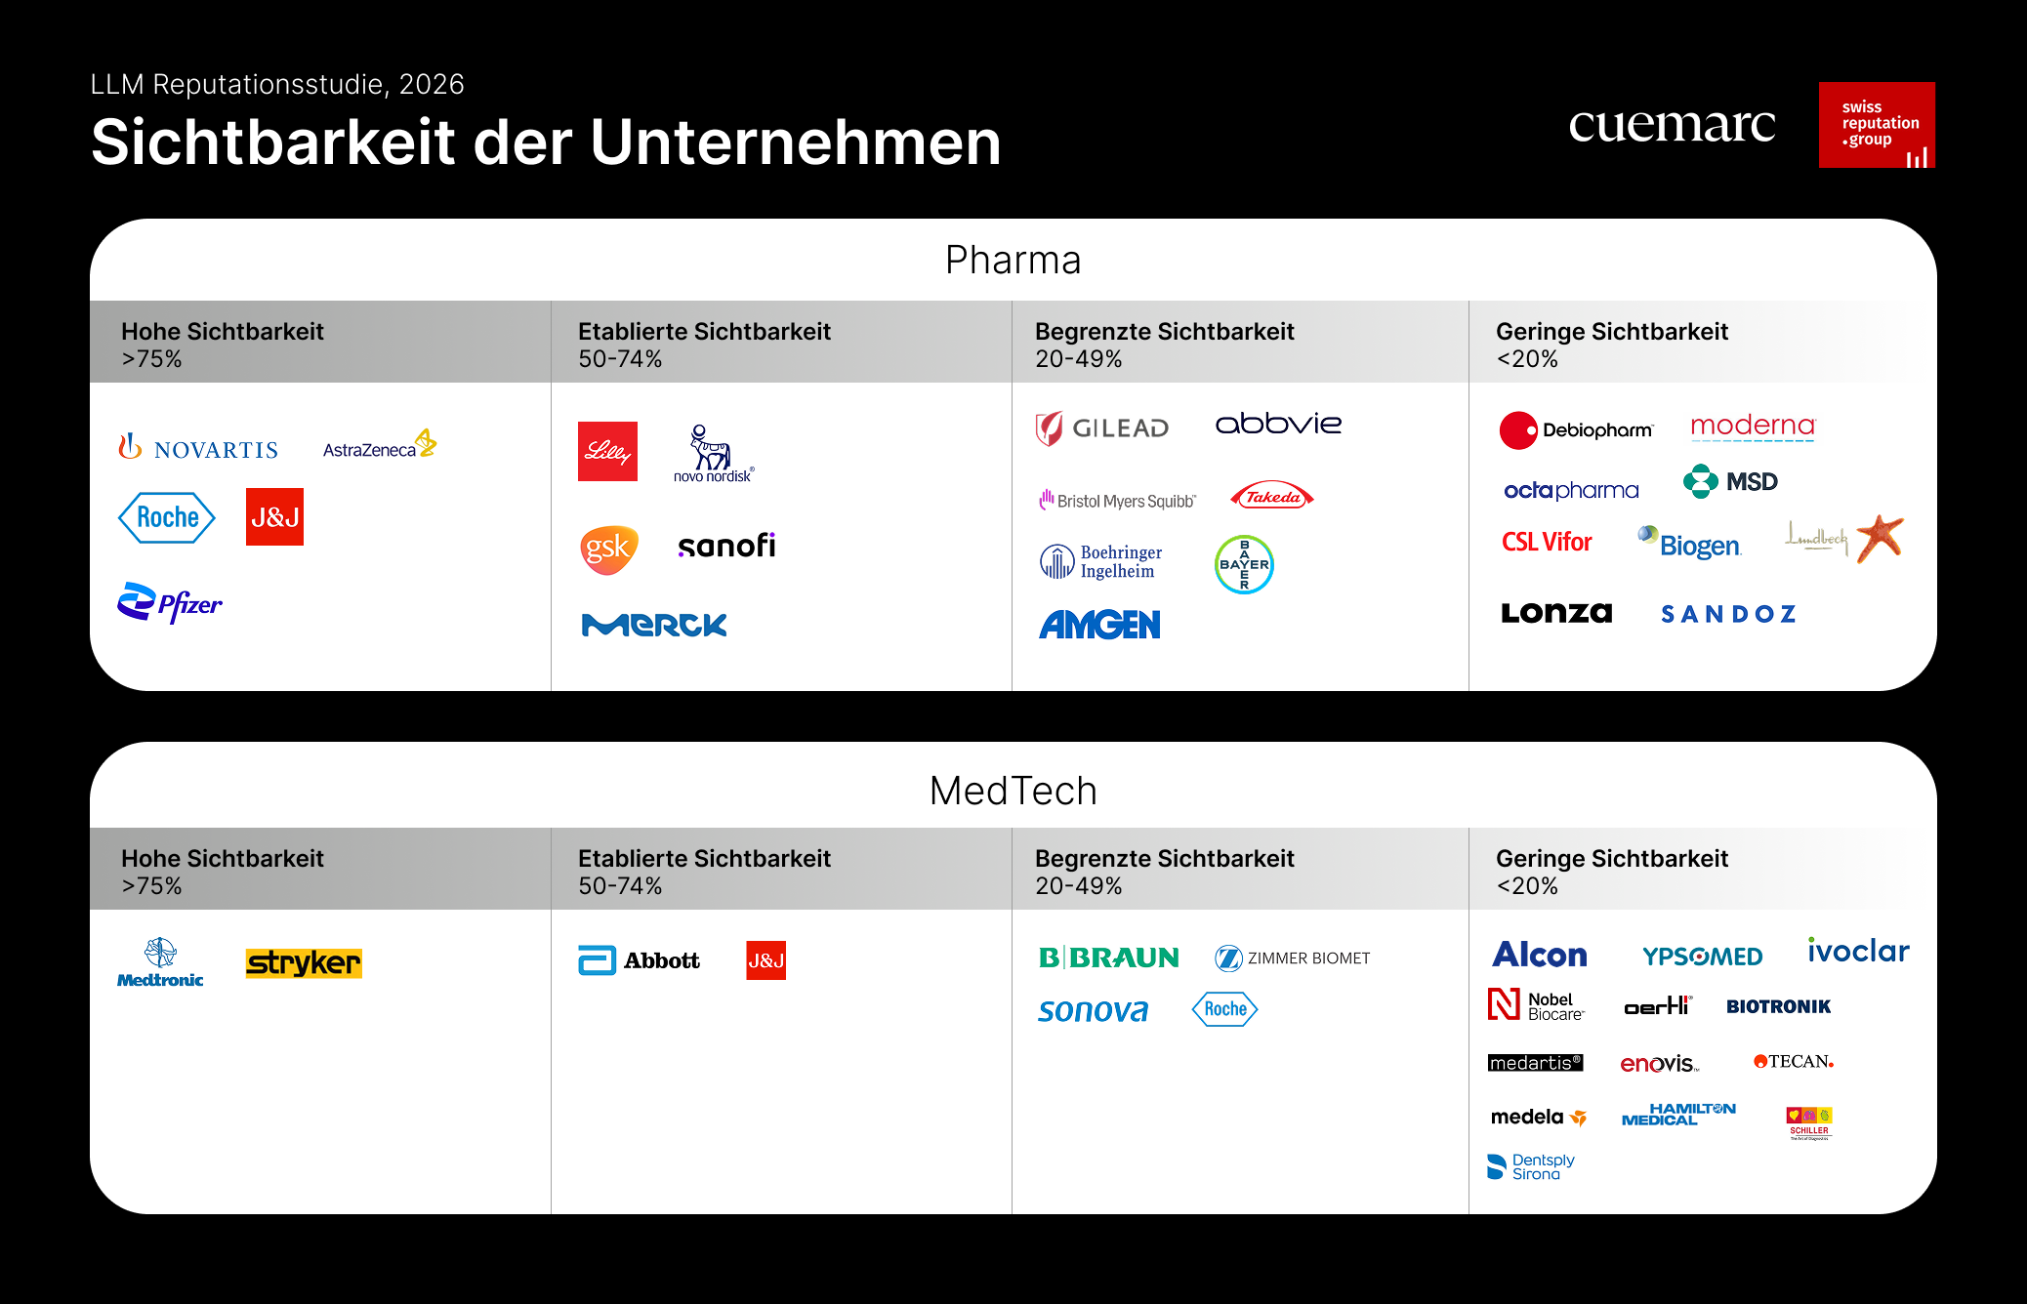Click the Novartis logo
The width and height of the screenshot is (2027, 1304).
(x=198, y=448)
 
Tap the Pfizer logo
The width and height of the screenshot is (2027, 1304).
(x=170, y=603)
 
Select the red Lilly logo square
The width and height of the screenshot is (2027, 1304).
(x=607, y=451)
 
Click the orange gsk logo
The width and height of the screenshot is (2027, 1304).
(x=608, y=549)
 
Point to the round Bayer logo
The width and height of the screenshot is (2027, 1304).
(x=1243, y=564)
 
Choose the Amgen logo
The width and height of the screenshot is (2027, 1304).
(x=1099, y=625)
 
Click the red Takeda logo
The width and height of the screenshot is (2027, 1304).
(x=1272, y=497)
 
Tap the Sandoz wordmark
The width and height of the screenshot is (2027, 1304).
(x=1728, y=614)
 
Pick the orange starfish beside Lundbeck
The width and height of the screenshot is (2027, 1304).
(x=1880, y=537)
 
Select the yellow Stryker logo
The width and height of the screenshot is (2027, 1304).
(x=304, y=963)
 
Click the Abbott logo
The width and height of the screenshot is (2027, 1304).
(x=640, y=960)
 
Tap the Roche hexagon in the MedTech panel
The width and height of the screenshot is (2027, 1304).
(x=1224, y=1009)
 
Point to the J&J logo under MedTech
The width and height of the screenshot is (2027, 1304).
(x=765, y=960)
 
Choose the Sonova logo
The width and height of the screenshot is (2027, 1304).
(x=1093, y=1010)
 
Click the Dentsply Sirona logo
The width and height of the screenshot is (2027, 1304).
(x=1531, y=1166)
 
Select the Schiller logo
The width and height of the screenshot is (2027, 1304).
(x=1809, y=1122)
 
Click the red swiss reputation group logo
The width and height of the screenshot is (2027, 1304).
(x=1877, y=125)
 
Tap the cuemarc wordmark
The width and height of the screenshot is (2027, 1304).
(x=1672, y=125)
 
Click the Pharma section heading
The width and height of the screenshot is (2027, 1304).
(x=1013, y=261)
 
